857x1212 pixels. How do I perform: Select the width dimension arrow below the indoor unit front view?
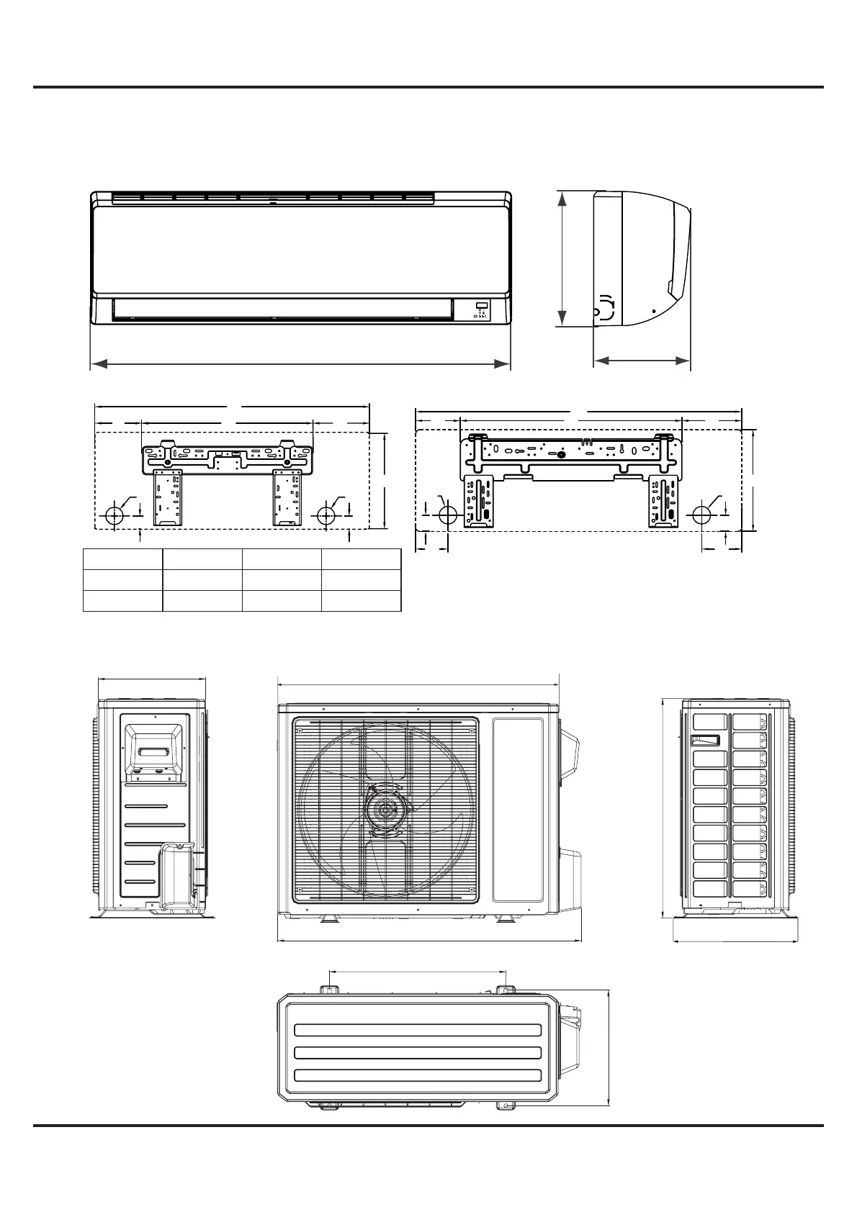pyautogui.click(x=300, y=364)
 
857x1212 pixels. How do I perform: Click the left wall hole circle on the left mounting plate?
pyautogui.click(x=115, y=515)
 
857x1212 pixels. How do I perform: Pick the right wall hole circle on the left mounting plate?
pyautogui.click(x=326, y=515)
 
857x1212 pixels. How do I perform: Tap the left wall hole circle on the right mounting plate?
pyautogui.click(x=448, y=515)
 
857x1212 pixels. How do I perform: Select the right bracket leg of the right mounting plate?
pyautogui.click(x=664, y=500)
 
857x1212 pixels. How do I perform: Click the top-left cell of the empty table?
pyautogui.click(x=122, y=559)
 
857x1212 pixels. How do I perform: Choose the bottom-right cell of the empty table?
pyautogui.click(x=361, y=601)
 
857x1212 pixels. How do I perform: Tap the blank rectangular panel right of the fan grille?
pyautogui.click(x=518, y=808)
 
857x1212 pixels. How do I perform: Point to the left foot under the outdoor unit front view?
pyautogui.click(x=328, y=919)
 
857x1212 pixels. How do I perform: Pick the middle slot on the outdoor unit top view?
pyautogui.click(x=418, y=1053)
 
